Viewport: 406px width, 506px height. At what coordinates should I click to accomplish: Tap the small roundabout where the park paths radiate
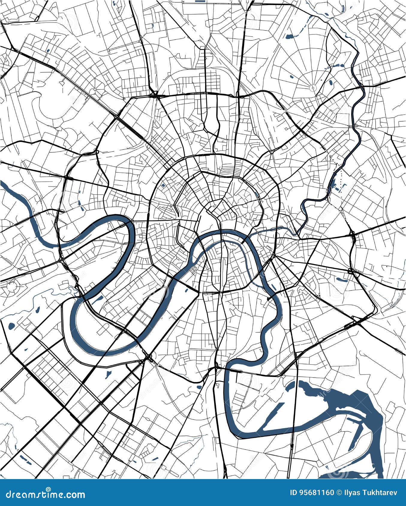tap(313, 87)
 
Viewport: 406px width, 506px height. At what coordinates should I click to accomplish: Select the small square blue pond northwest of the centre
tap(163, 186)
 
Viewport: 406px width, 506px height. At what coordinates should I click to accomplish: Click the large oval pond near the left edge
tap(12, 325)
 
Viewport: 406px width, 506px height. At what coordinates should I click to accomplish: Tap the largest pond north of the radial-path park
tap(289, 37)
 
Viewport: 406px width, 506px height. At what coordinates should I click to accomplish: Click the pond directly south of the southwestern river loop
tap(108, 374)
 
